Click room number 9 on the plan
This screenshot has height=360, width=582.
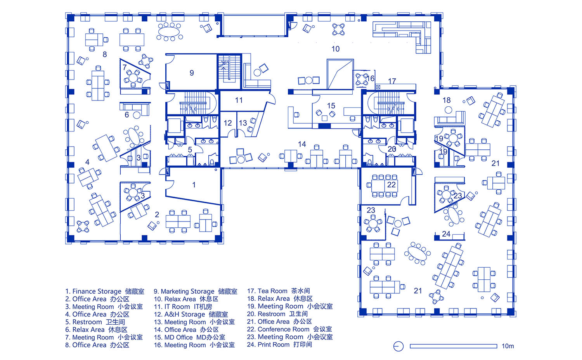click(x=192, y=73)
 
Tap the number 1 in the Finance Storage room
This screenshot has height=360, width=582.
click(x=194, y=185)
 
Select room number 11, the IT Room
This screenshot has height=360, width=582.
click(x=239, y=100)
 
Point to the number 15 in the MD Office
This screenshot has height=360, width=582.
click(x=331, y=106)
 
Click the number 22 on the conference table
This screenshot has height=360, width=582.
click(x=391, y=185)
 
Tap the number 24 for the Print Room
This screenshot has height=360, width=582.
click(x=446, y=234)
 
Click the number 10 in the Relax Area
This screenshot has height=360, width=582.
click(x=336, y=49)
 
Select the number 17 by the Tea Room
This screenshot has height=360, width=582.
click(x=392, y=81)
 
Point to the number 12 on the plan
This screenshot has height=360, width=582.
click(x=228, y=123)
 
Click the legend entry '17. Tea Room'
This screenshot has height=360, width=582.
click(x=267, y=291)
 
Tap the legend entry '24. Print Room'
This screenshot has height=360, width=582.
click(x=268, y=344)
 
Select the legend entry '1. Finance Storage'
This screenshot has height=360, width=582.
click(x=93, y=291)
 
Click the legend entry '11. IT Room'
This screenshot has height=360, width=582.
click(x=172, y=306)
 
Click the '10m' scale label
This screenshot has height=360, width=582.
click(x=508, y=346)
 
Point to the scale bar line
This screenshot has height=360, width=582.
click(x=454, y=346)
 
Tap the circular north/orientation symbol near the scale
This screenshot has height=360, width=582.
click(x=398, y=346)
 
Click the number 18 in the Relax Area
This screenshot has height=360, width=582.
click(x=446, y=100)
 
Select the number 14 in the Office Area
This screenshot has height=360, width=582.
click(x=302, y=144)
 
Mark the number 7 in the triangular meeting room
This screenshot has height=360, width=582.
click(x=125, y=67)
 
